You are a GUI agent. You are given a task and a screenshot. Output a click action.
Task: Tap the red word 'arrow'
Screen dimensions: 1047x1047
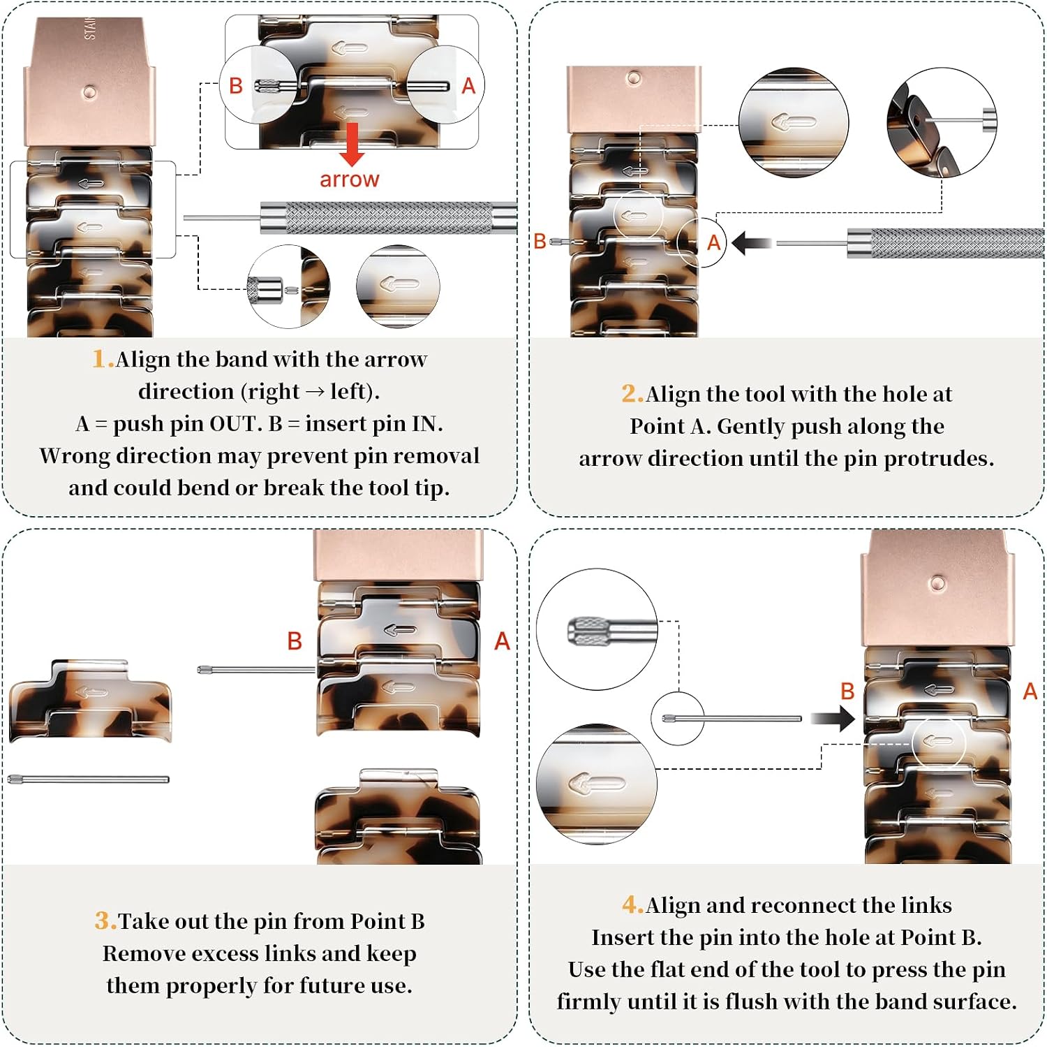(x=350, y=180)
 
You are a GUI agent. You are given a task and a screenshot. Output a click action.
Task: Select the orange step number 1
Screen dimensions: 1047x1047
(x=103, y=359)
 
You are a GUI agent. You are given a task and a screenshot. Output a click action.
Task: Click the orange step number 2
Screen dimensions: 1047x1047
(x=632, y=394)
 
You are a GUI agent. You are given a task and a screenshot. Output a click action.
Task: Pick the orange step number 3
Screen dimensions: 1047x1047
(x=105, y=921)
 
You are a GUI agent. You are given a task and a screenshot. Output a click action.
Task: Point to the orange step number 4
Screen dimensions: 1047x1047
(x=632, y=905)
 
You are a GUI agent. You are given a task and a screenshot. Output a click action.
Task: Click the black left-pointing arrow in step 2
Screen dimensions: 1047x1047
(x=752, y=244)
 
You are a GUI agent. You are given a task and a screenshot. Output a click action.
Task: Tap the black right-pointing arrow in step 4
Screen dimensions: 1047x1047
(x=833, y=718)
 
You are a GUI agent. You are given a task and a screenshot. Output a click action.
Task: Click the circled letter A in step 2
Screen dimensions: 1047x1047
(x=713, y=242)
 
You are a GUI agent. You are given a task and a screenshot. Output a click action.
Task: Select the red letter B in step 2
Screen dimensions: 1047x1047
(x=540, y=242)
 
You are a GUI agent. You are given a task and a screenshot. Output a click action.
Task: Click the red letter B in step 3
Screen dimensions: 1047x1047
(x=295, y=641)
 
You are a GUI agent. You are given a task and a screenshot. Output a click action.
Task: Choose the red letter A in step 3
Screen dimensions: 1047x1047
(x=502, y=641)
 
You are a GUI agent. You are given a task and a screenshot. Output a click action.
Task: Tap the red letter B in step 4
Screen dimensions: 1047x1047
(x=847, y=691)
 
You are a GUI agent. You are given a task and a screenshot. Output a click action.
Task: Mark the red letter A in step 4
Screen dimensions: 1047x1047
(x=1030, y=691)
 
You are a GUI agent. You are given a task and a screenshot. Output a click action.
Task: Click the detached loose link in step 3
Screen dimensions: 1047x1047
(x=90, y=701)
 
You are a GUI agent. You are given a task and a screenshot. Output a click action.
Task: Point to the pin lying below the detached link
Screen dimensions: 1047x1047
(x=89, y=779)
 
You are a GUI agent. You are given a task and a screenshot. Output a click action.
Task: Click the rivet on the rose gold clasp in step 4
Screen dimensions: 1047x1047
(x=937, y=584)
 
